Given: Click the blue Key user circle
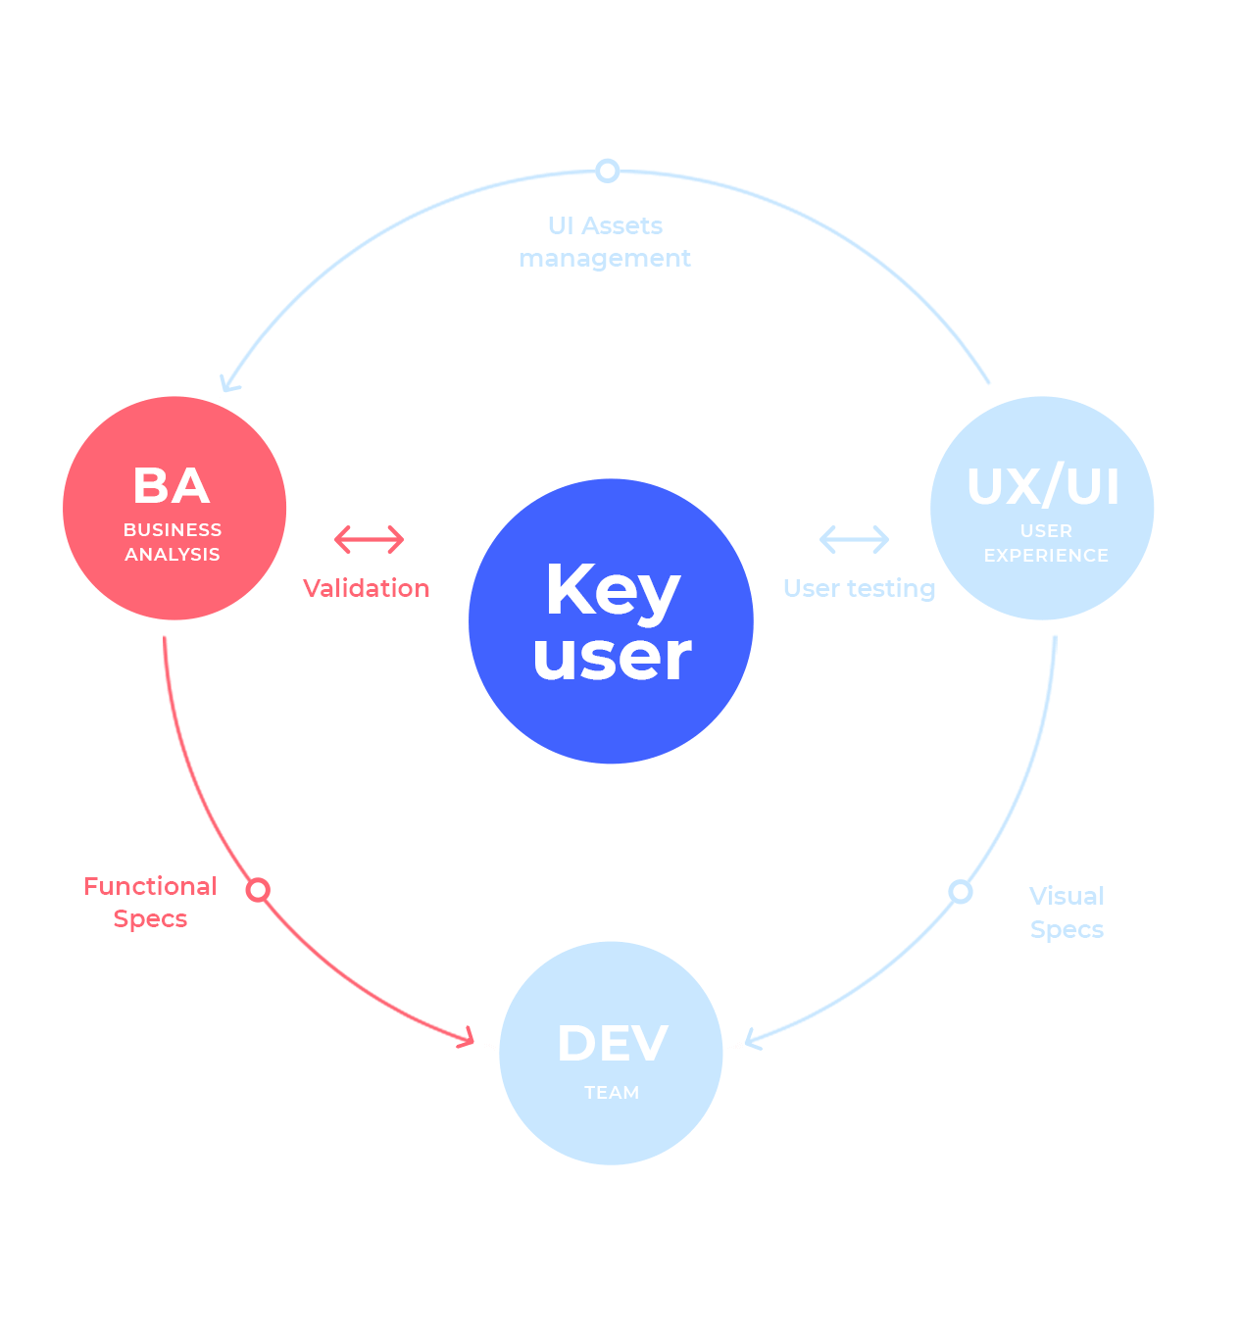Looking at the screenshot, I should [x=611, y=621].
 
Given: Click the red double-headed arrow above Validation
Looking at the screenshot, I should [x=369, y=539].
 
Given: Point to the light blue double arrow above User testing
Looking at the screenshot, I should [x=854, y=539].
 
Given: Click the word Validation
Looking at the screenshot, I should [x=366, y=588].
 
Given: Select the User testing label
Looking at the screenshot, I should [x=859, y=588].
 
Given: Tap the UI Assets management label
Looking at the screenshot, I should [x=605, y=242].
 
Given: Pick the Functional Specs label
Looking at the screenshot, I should [x=150, y=902].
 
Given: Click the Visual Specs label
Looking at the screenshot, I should [x=1067, y=913].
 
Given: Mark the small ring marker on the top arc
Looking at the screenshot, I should [x=608, y=171].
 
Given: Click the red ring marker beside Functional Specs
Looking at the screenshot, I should [x=258, y=890].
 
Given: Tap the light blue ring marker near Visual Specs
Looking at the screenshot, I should [x=961, y=891].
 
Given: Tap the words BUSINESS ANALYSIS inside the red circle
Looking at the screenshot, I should [x=173, y=542].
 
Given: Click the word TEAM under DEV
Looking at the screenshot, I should [x=612, y=1092].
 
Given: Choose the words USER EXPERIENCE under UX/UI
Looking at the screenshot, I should [x=1046, y=543].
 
